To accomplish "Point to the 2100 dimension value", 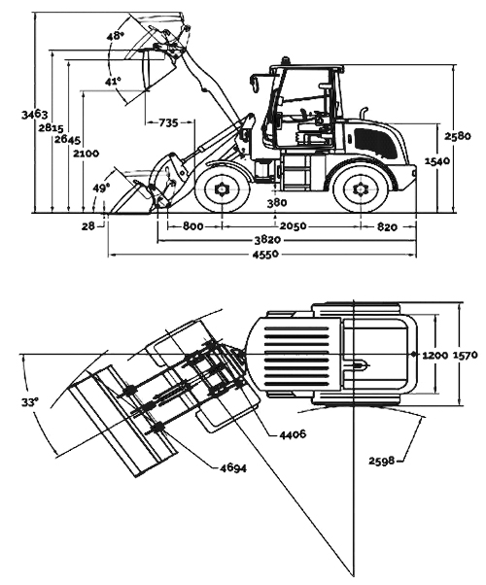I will coord(85,153).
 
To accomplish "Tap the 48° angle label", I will coord(116,36).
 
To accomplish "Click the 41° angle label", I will coord(113,82).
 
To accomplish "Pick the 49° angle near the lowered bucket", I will coord(101,187).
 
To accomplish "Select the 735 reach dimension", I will coord(168,122).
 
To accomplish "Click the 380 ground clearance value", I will coord(278,202).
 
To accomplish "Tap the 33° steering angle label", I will coord(29,401).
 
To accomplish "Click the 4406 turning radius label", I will coord(292,433).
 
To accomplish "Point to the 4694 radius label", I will coord(232,469).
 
